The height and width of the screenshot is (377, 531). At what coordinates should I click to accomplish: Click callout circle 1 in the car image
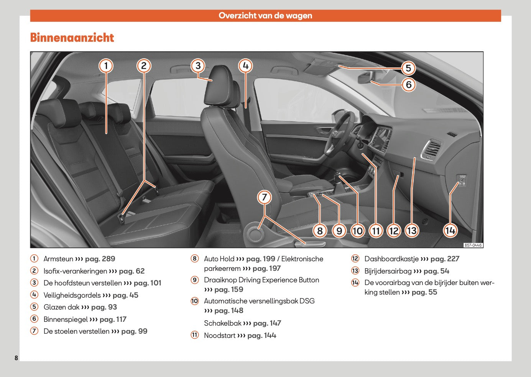(106, 66)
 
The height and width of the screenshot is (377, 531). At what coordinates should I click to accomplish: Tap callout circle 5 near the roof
(408, 68)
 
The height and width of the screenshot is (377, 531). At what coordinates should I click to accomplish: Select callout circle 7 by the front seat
(264, 197)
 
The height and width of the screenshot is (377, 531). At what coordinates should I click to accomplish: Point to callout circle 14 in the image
(450, 230)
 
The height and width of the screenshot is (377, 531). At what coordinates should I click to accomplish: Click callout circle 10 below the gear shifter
(357, 231)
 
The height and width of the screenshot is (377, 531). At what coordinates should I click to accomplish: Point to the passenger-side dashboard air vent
(431, 149)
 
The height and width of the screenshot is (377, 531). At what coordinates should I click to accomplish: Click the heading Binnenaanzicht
(72, 38)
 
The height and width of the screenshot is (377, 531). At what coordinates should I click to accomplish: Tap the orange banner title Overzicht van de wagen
(265, 16)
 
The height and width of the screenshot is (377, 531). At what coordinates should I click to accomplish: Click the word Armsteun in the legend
(58, 259)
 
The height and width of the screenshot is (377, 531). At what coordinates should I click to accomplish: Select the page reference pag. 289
(100, 259)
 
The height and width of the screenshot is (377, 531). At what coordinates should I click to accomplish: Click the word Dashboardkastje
(391, 259)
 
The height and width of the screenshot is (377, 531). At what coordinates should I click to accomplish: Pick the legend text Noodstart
(220, 336)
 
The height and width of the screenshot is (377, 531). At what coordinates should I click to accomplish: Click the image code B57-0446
(473, 245)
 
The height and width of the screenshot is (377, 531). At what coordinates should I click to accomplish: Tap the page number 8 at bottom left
(16, 358)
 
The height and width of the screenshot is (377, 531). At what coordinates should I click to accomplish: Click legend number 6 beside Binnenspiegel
(35, 319)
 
